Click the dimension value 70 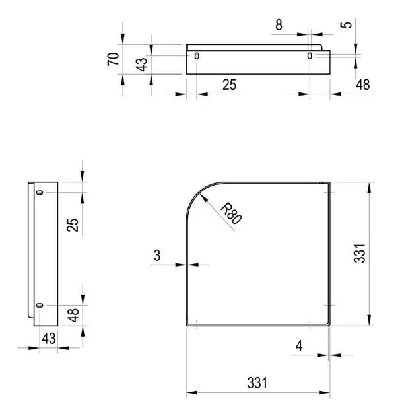(x=114, y=59)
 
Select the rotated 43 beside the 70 (x=142, y=65)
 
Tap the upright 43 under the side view (x=49, y=339)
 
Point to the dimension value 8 (x=279, y=25)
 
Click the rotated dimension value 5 (x=346, y=25)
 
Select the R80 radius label (x=231, y=213)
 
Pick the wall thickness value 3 (x=157, y=256)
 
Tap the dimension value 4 (x=299, y=346)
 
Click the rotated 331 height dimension (x=360, y=254)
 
